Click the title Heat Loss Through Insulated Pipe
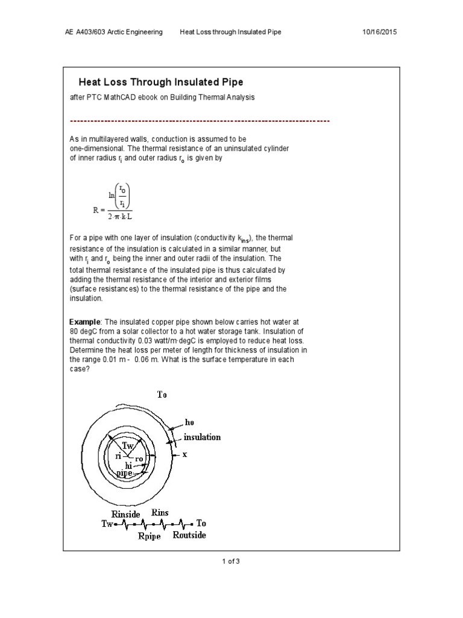162,81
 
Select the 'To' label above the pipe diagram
163,395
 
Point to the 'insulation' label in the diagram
202,437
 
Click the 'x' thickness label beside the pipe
185,454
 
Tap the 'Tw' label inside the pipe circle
129,445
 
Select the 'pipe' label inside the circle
124,474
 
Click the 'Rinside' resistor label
126,514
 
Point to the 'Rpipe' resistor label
149,536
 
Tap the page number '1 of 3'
231,561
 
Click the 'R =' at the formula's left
99,210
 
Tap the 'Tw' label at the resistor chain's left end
107,524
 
